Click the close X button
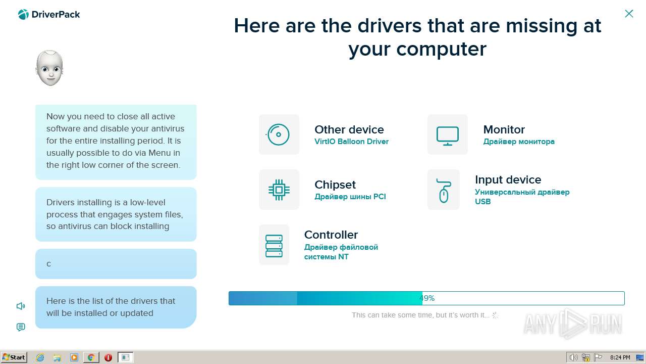(x=629, y=14)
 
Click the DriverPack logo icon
(x=23, y=14)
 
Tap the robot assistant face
(x=49, y=68)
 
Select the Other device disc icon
(x=278, y=134)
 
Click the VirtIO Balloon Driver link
(x=351, y=141)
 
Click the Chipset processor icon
(x=279, y=190)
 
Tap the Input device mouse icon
(x=444, y=191)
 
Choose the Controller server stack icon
(x=274, y=246)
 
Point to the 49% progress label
(x=427, y=298)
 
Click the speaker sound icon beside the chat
(x=21, y=306)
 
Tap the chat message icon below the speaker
(x=21, y=327)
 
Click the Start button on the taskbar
(x=14, y=357)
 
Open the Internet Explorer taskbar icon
(x=40, y=357)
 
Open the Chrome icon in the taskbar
(x=91, y=357)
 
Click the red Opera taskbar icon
(x=108, y=357)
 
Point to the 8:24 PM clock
(x=620, y=357)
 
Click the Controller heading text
(x=331, y=235)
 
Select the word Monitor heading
(x=504, y=129)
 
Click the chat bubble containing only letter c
(x=116, y=264)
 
